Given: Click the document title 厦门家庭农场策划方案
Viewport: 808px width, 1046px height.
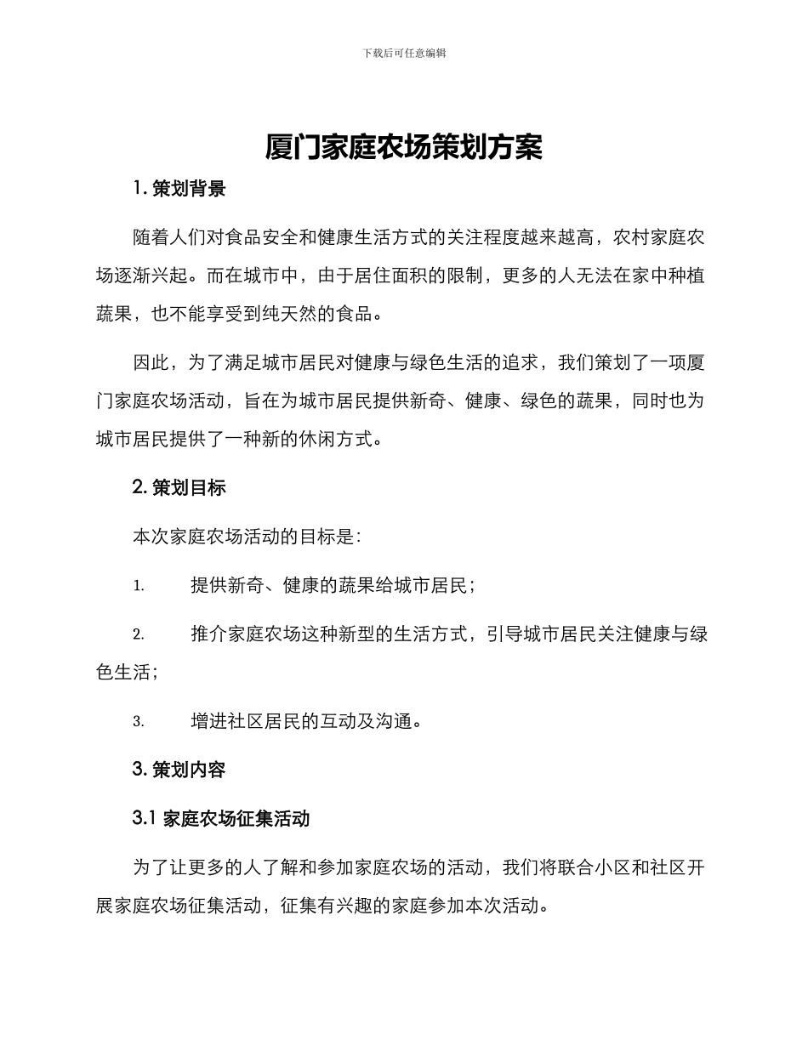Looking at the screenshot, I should pos(404,147).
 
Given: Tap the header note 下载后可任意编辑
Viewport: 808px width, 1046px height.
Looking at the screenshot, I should pos(404,53).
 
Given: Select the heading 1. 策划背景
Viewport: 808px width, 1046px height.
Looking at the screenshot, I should pos(179,189).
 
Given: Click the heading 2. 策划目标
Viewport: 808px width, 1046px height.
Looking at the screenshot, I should pos(179,487).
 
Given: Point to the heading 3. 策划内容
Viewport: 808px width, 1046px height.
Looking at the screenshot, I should pos(179,770).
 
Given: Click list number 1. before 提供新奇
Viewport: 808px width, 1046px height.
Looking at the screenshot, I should pos(139,586).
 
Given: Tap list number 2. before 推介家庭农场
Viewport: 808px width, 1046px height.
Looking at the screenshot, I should pos(139,634).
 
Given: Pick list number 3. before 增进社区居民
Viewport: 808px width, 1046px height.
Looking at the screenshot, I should pos(139,722).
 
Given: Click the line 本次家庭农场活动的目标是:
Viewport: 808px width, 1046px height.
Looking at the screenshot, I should pos(248,537).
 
